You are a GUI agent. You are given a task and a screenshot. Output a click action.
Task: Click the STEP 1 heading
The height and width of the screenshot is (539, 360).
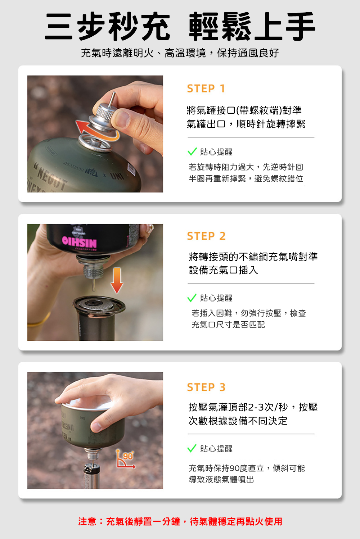click(x=206, y=89)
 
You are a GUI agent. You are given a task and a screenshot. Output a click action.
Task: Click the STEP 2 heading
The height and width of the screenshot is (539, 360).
click(x=206, y=236)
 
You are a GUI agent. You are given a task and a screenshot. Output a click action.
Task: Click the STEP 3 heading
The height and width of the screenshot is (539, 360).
click(x=206, y=387)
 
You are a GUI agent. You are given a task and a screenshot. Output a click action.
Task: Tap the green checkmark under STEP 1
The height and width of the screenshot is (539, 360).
click(x=192, y=151)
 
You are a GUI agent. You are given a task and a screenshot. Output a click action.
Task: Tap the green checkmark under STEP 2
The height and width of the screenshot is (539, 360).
click(x=192, y=298)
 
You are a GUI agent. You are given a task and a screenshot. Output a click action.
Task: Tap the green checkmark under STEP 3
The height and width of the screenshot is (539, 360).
click(x=192, y=448)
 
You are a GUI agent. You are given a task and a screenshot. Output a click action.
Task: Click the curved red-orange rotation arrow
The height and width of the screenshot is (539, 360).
click(x=96, y=132)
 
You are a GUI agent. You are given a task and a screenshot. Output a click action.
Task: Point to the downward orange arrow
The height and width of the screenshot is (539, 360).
click(x=117, y=280)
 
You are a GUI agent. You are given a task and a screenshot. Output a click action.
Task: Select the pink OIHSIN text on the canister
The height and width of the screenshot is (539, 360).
click(x=80, y=242)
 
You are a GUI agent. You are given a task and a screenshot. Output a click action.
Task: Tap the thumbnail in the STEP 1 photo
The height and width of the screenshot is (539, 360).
click(x=123, y=118)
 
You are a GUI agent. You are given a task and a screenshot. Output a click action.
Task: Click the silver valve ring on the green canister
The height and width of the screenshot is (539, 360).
click(x=95, y=144)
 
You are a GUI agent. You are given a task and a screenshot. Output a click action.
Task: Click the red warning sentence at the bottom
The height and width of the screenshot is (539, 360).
click(x=180, y=521)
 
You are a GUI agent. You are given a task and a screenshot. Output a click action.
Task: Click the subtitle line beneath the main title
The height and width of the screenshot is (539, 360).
click(x=180, y=53)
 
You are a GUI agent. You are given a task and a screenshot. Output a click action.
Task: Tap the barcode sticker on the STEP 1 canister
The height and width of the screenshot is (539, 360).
click(x=131, y=169)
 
